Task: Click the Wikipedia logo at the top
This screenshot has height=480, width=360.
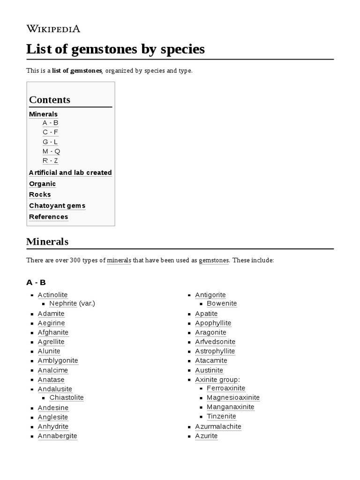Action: (53, 29)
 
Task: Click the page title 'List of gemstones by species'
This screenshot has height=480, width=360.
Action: (115, 49)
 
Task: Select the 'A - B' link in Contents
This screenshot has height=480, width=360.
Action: (50, 123)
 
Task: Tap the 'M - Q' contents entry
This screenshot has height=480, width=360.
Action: (51, 151)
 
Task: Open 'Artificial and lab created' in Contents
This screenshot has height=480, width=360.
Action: (70, 172)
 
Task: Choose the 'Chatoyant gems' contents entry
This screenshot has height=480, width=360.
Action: (57, 206)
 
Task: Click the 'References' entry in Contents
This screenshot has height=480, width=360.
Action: (48, 217)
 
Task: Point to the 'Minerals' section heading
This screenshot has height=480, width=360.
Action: (47, 242)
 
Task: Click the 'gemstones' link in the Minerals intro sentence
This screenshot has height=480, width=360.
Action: (214, 260)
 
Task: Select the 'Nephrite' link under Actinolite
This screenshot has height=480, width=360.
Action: (63, 303)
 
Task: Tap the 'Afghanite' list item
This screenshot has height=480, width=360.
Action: (53, 332)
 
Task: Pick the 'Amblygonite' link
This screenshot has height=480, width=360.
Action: (58, 360)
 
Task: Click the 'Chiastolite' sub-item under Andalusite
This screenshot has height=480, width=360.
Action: (67, 397)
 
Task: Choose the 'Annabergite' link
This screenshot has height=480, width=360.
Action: (57, 436)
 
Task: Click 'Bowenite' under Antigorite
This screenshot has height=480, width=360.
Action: (222, 303)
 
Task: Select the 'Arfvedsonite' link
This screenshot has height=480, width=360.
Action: (215, 342)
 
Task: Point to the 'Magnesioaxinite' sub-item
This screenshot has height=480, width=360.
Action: (233, 397)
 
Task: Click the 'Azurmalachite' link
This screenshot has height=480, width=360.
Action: (218, 427)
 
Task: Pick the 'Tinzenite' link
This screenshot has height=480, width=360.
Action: (221, 416)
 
